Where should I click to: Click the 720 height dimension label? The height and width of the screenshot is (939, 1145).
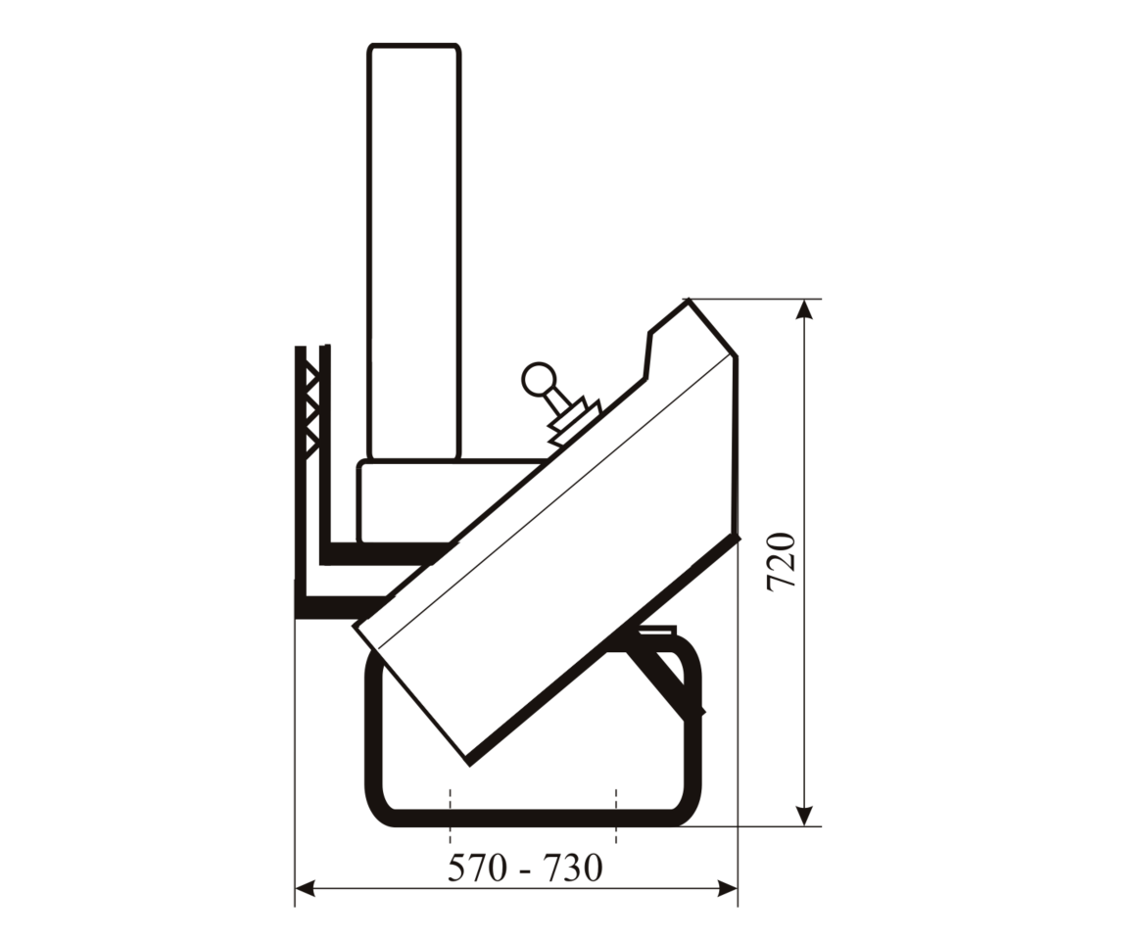tap(782, 562)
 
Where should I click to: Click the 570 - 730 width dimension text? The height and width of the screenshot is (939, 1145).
tap(525, 868)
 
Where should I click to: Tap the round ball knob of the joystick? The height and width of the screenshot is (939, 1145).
tap(539, 380)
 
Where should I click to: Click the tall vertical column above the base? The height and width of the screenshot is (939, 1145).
tap(414, 252)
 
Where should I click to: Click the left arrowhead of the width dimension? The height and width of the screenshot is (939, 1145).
tap(306, 889)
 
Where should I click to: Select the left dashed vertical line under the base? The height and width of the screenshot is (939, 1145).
tap(450, 817)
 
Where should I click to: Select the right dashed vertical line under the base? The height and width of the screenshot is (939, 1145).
tap(617, 817)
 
